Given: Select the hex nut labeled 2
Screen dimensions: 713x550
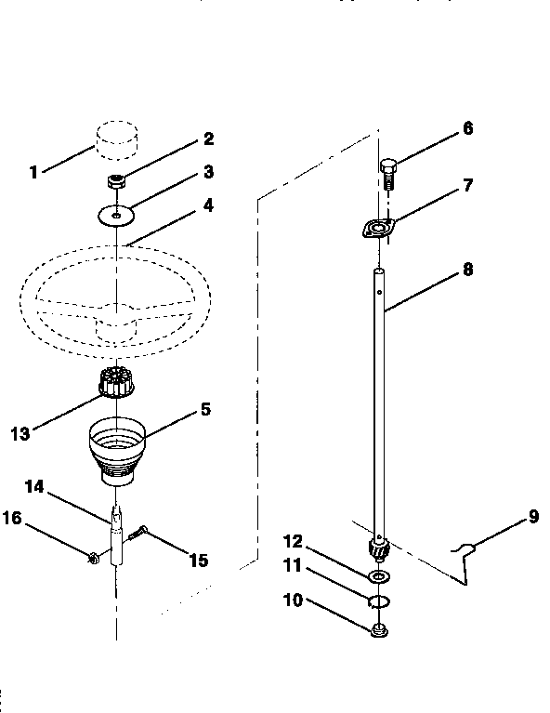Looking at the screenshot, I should [117, 181].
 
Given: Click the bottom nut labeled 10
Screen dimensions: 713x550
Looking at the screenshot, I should [378, 632].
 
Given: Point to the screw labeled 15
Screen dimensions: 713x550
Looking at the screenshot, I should [142, 535].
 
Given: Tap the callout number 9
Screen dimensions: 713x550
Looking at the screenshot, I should [533, 517].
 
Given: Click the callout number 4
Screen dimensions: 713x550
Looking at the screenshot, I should [208, 205].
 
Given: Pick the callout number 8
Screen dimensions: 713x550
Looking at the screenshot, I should [467, 270].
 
